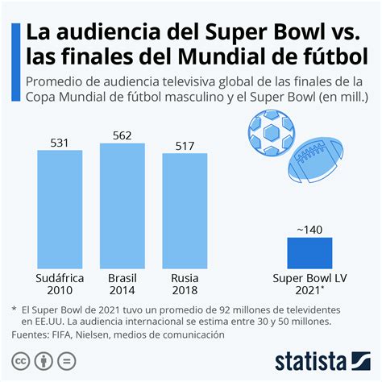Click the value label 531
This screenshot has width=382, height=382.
tap(60, 144)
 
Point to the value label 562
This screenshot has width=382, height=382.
tap(122, 135)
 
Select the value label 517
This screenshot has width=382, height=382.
tap(185, 146)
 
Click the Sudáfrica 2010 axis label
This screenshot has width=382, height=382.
tap(60, 284)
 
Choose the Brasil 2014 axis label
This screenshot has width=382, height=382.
tap(122, 284)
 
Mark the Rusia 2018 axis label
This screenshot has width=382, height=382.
tap(185, 284)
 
